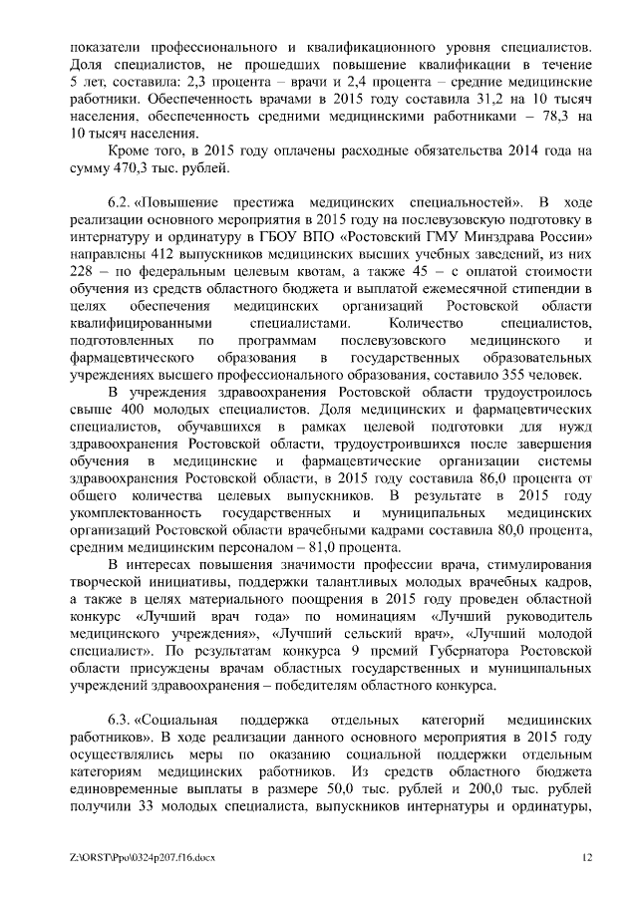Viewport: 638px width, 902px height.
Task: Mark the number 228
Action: click(x=84, y=271)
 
